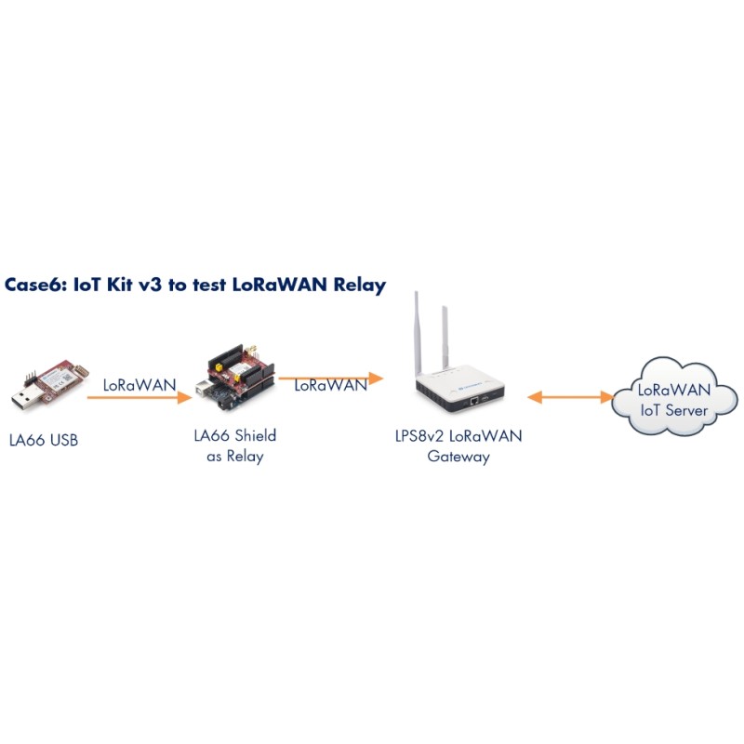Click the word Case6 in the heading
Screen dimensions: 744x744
coord(33,285)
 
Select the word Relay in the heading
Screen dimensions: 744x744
coord(358,285)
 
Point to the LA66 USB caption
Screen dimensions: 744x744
coord(44,440)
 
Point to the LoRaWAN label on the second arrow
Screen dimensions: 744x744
coord(330,386)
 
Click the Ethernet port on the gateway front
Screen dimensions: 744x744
coord(475,400)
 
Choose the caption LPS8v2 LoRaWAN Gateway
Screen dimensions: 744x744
coord(458,445)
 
